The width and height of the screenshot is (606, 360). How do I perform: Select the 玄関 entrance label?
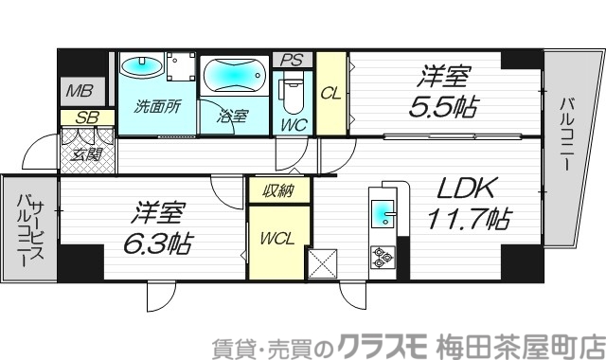pos(87,153)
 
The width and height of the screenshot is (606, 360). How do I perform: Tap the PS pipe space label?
pos(293,60)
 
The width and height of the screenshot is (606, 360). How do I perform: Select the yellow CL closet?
pos(330,93)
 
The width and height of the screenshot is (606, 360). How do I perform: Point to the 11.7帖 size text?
pos(471,221)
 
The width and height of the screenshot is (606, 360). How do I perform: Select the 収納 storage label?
pos(279,190)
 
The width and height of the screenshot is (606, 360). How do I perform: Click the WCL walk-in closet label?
pos(278,237)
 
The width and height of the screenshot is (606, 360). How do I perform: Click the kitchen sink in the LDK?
pos(383,214)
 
